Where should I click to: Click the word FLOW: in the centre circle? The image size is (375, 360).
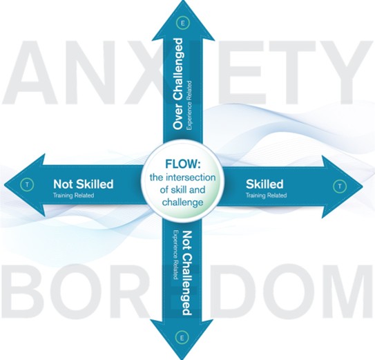(x=183, y=164)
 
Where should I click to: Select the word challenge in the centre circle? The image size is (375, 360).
(x=183, y=202)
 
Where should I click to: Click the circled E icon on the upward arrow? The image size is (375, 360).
(x=183, y=23)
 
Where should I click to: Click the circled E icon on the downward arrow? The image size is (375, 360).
(x=182, y=338)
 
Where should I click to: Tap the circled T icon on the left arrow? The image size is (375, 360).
(x=27, y=184)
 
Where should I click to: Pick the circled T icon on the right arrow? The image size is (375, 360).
(x=339, y=186)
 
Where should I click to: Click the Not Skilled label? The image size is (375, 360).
(x=84, y=184)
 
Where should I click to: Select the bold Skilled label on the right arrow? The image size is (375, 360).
(x=265, y=184)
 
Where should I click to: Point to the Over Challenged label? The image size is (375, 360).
(x=178, y=84)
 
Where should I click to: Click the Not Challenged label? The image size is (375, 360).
(x=187, y=273)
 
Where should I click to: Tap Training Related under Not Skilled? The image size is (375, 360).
(x=73, y=196)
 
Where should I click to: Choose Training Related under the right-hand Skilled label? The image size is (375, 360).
(x=266, y=196)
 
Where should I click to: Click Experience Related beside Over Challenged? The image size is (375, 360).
(x=189, y=105)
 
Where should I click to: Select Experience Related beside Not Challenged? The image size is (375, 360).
(x=175, y=255)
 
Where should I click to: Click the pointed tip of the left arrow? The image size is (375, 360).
(x=4, y=185)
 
